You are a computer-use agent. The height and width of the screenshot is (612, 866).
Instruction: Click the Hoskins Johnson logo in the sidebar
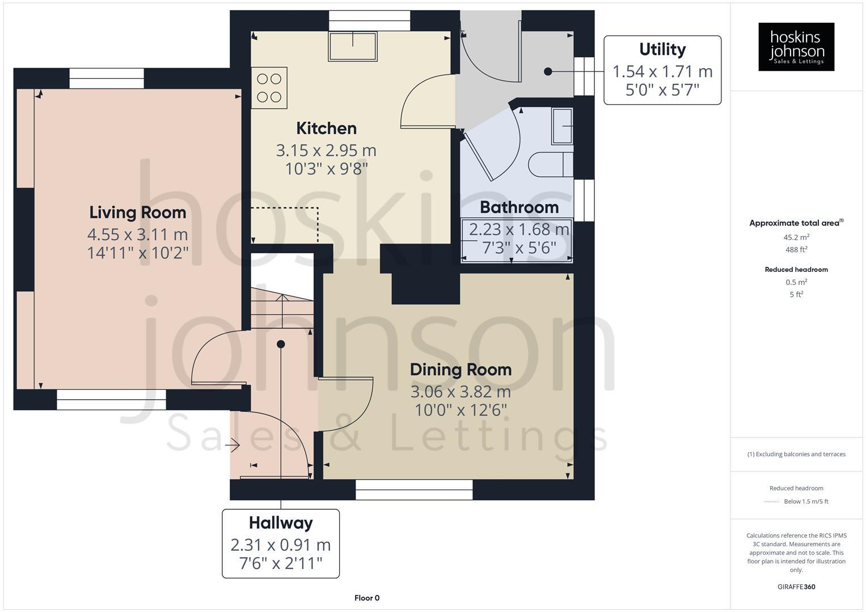click(x=796, y=46)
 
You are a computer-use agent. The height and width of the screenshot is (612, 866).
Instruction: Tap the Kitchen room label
click(x=327, y=128)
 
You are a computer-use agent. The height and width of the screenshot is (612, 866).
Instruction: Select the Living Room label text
click(x=138, y=212)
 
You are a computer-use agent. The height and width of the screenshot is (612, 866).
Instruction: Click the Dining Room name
click(x=461, y=369)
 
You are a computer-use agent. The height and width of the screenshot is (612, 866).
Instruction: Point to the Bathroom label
click(x=519, y=207)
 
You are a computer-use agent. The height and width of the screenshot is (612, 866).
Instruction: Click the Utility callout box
click(x=662, y=70)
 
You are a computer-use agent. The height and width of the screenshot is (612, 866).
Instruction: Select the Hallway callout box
click(x=281, y=543)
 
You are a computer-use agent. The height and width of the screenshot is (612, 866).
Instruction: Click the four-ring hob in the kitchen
click(x=269, y=88)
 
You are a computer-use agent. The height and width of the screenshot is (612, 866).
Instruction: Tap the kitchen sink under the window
click(x=352, y=46)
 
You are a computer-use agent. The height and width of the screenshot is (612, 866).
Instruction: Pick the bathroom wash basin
click(x=561, y=126)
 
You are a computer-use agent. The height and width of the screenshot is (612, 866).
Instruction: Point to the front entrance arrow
click(x=233, y=447)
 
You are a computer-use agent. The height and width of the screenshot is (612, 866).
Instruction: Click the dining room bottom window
click(x=414, y=490)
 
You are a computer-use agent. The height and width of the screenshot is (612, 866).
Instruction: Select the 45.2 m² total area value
click(x=796, y=237)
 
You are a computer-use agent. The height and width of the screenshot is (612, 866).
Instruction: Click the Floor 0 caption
click(x=367, y=598)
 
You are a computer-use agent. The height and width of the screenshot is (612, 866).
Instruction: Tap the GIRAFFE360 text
click(x=796, y=586)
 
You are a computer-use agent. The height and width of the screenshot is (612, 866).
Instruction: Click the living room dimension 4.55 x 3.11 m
click(x=137, y=234)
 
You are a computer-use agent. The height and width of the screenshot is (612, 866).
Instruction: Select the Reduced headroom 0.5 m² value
click(x=796, y=282)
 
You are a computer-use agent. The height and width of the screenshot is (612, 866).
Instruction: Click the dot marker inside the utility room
click(x=548, y=71)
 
